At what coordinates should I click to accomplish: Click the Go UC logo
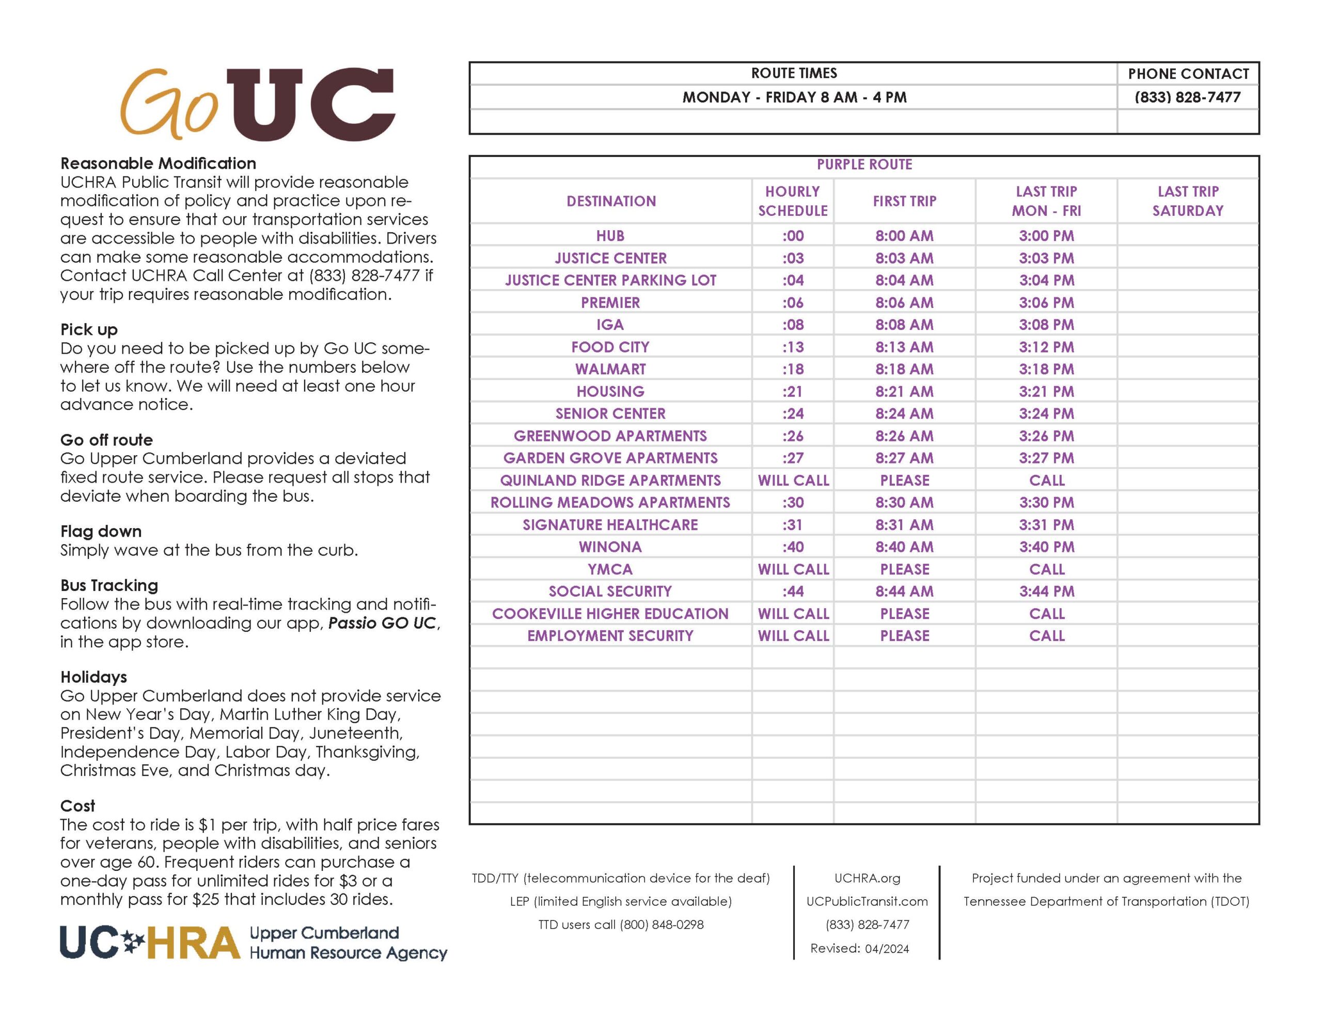pos(257,104)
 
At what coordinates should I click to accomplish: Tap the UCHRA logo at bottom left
pos(253,943)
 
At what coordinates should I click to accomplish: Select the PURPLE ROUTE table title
pos(864,165)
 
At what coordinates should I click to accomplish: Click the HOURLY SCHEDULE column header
pos(792,201)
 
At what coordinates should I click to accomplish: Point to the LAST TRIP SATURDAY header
pos(1188,201)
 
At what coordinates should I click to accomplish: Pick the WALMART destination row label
pos(610,369)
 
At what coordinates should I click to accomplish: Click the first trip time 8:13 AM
pos(904,347)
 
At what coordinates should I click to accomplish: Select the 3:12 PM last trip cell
pos(1046,347)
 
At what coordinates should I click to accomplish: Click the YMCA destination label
pos(610,569)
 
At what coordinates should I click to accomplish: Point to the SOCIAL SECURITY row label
pos(610,592)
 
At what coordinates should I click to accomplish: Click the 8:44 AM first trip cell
pos(904,592)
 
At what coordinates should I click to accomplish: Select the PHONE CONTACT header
pos(1188,74)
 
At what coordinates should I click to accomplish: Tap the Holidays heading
pos(94,677)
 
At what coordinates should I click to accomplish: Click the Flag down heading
pos(101,531)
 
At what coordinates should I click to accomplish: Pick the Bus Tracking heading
pos(109,585)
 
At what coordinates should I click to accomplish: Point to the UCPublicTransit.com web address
pos(867,901)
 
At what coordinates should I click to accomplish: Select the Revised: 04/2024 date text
pos(859,948)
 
